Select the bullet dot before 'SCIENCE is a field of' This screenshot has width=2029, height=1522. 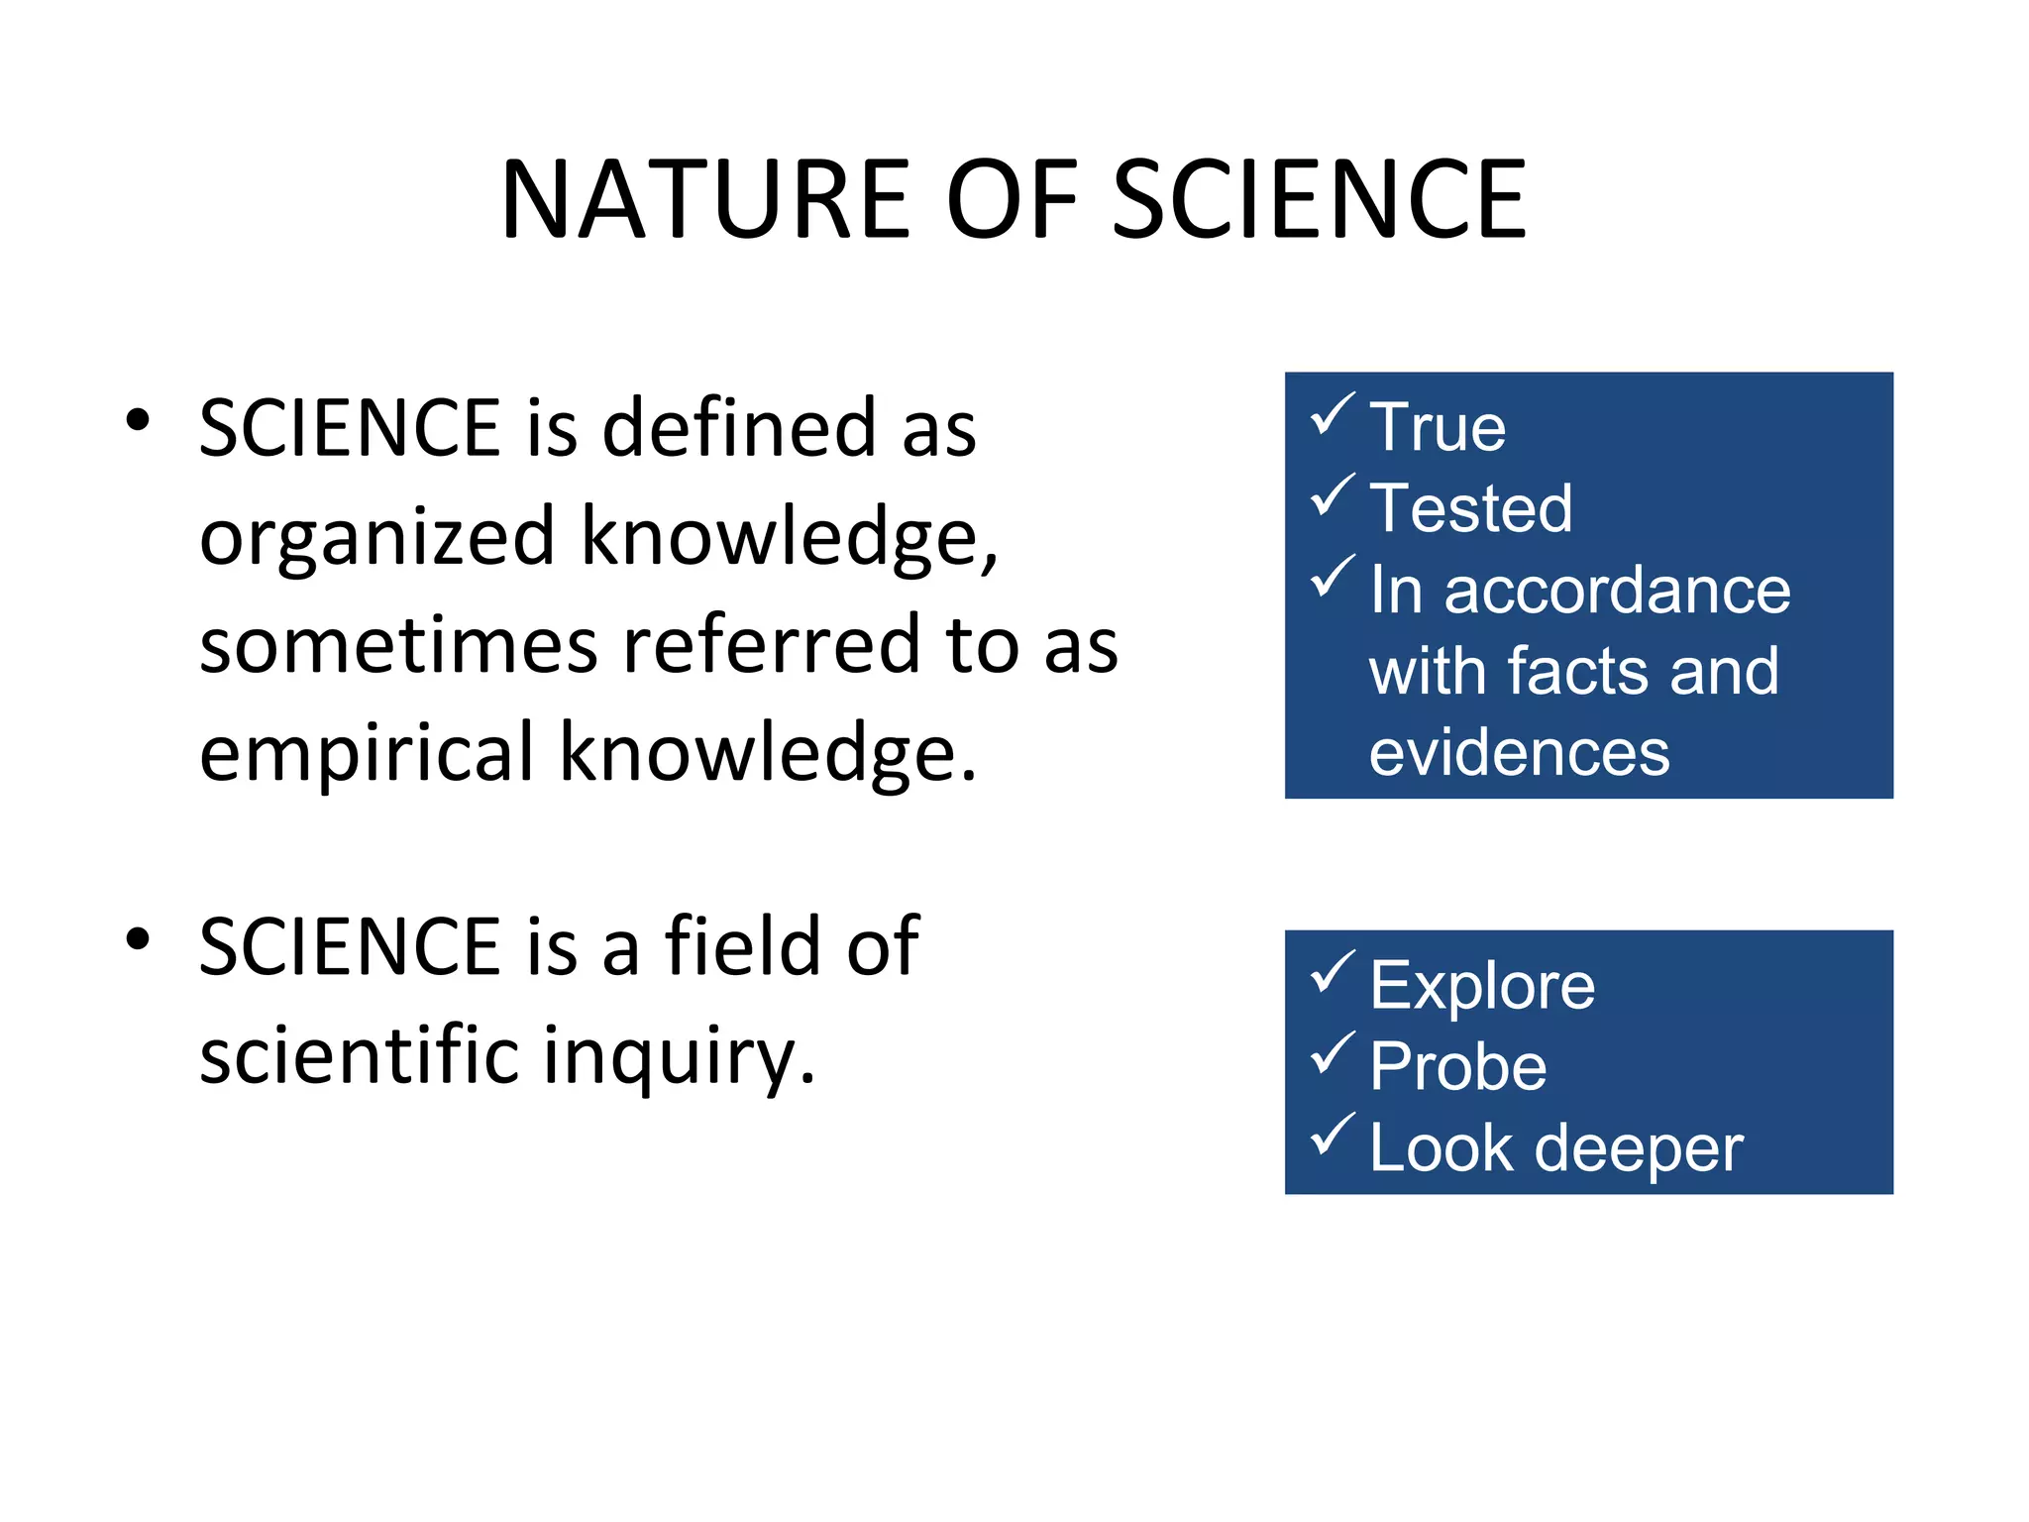pyautogui.click(x=138, y=937)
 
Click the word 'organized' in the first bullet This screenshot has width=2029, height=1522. pyautogui.click(x=376, y=538)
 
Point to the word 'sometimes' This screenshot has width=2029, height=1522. pyautogui.click(x=398, y=645)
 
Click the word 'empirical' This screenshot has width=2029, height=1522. pyautogui.click(x=367, y=753)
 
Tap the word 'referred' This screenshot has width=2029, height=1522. pyautogui.click(x=772, y=645)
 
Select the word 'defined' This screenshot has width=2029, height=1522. pyautogui.click(x=739, y=428)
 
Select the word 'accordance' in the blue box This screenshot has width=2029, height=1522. pyautogui.click(x=1617, y=591)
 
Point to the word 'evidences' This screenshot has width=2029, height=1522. pyautogui.click(x=1519, y=753)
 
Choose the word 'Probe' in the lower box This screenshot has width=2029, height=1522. pyautogui.click(x=1457, y=1067)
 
